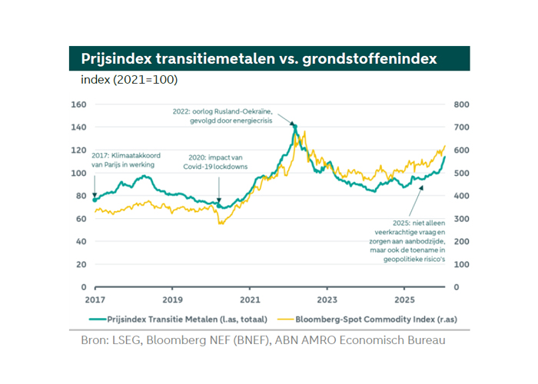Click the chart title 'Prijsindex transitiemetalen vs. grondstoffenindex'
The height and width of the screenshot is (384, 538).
(x=259, y=58)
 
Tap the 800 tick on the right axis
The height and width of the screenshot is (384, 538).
(x=461, y=104)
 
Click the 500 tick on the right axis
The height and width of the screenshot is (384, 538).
(x=461, y=173)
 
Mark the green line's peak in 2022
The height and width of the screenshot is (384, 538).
(x=294, y=126)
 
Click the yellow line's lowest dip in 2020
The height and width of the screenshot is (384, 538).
(x=220, y=223)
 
